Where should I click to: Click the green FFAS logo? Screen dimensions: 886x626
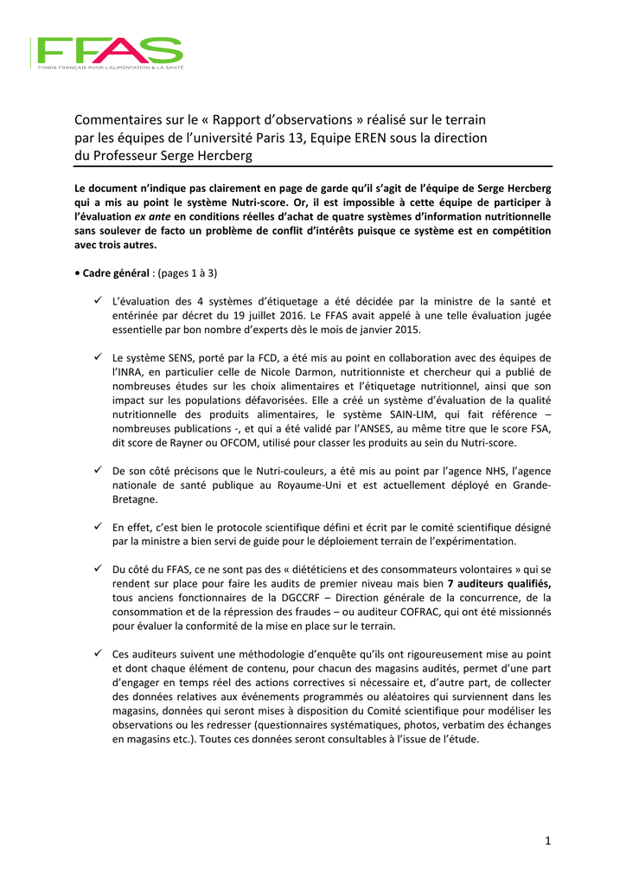107,53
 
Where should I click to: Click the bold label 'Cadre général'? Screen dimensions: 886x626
115,273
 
